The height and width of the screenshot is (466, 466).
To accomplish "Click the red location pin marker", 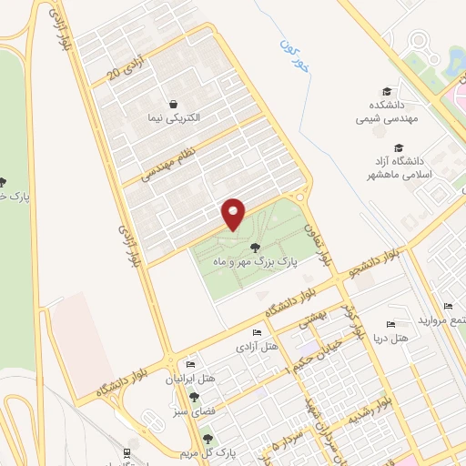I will (234, 214).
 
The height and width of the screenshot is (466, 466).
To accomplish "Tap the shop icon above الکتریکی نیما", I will (173, 104).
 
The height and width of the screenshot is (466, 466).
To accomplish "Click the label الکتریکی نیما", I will (173, 118).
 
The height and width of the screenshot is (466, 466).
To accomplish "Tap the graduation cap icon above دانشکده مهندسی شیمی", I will (387, 91).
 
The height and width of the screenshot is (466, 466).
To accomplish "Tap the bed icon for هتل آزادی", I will (257, 332).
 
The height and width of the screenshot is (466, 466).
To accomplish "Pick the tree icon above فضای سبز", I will (193, 396).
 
